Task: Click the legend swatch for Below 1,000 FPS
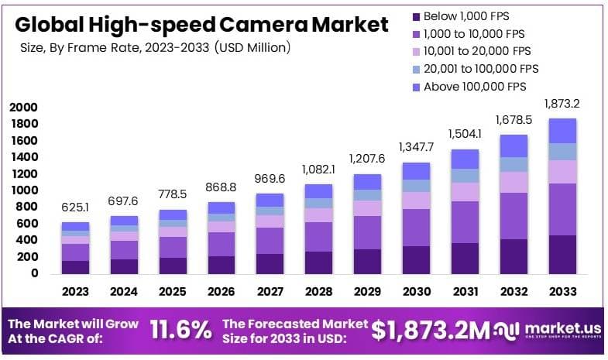tap(416, 15)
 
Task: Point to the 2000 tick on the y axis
tap(23, 107)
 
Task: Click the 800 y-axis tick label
tap(28, 207)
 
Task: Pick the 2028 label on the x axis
tap(317, 292)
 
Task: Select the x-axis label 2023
tap(76, 292)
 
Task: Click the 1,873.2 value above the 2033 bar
tap(562, 104)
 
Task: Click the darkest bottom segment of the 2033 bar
tap(562, 254)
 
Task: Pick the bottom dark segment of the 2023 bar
tap(76, 267)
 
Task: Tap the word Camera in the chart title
tap(264, 26)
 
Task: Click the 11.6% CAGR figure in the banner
tap(180, 330)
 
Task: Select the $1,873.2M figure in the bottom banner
tap(431, 331)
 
